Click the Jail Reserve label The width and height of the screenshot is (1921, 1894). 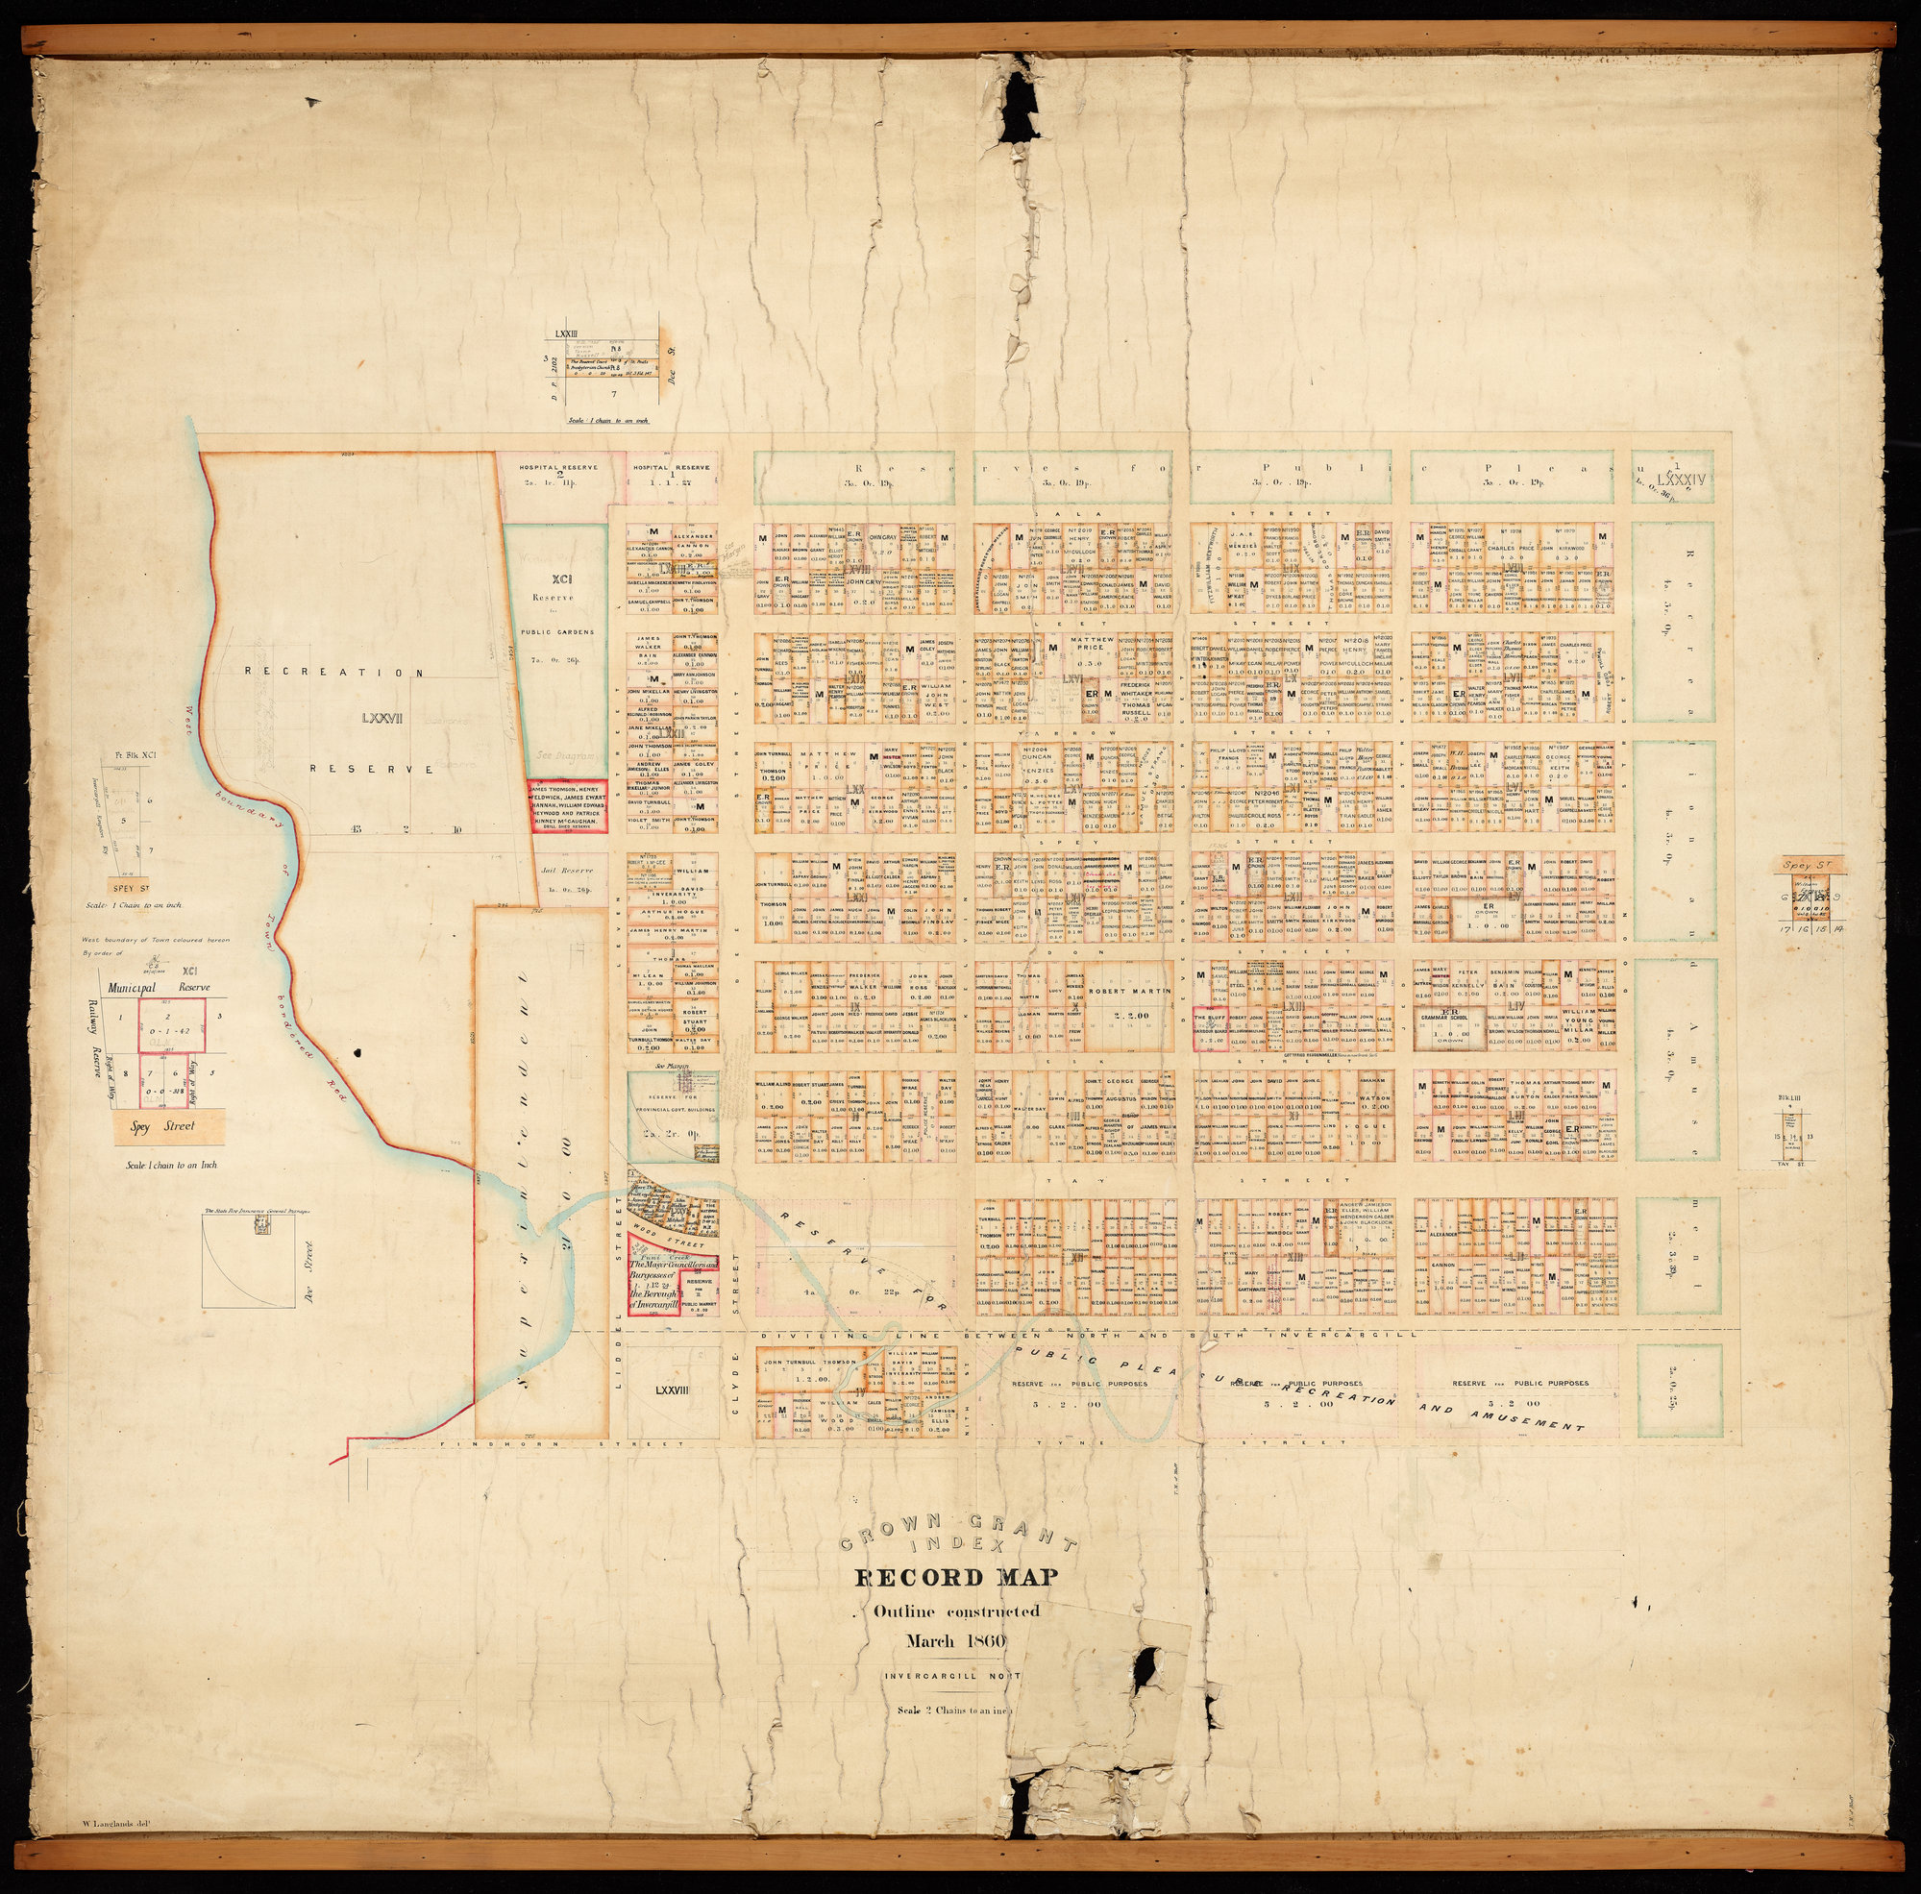pos(567,870)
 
